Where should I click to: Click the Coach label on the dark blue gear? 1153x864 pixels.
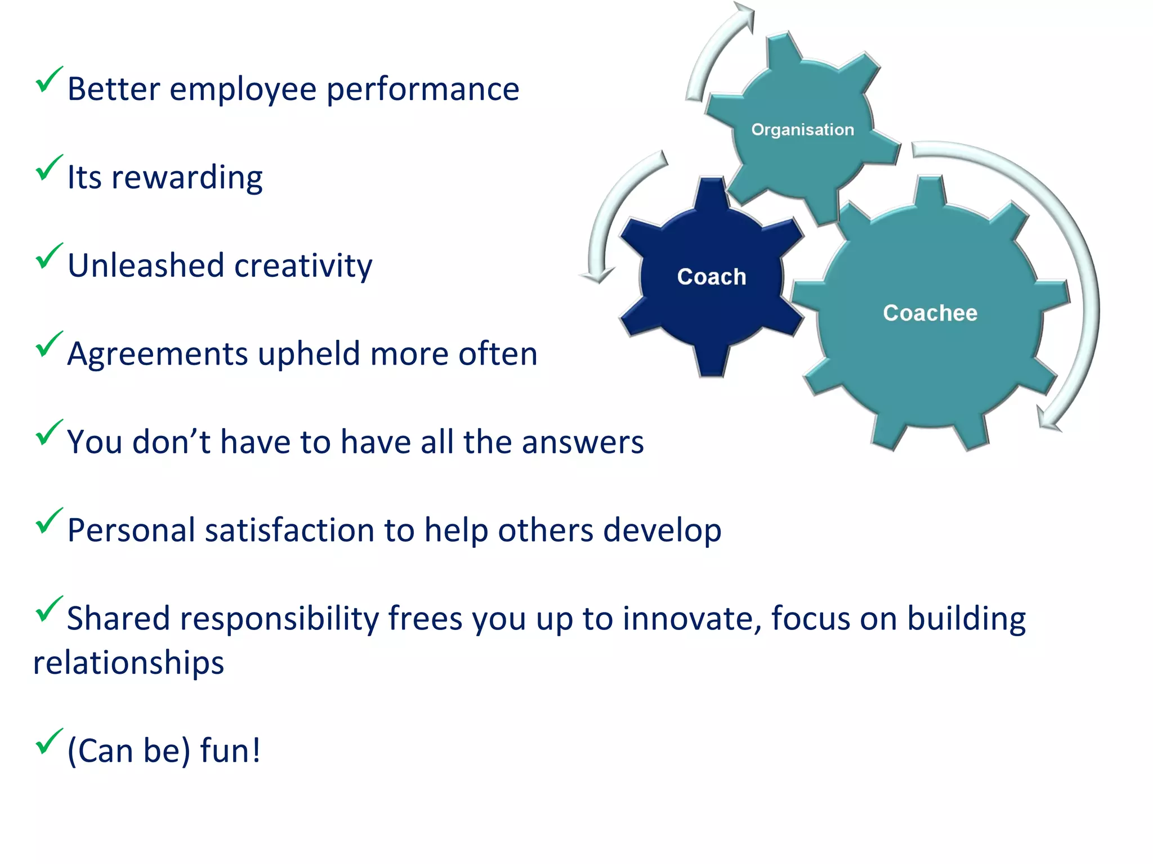[712, 277]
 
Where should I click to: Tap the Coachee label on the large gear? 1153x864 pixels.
[930, 313]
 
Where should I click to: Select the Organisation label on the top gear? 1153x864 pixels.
[802, 129]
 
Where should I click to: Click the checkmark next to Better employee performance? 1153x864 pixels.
[48, 80]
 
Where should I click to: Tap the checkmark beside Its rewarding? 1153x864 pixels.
[48, 168]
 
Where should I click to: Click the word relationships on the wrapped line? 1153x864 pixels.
[128, 663]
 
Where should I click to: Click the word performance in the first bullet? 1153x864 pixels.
[422, 89]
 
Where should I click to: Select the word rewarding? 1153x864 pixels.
[187, 178]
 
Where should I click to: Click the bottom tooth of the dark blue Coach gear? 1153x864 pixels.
[712, 360]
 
